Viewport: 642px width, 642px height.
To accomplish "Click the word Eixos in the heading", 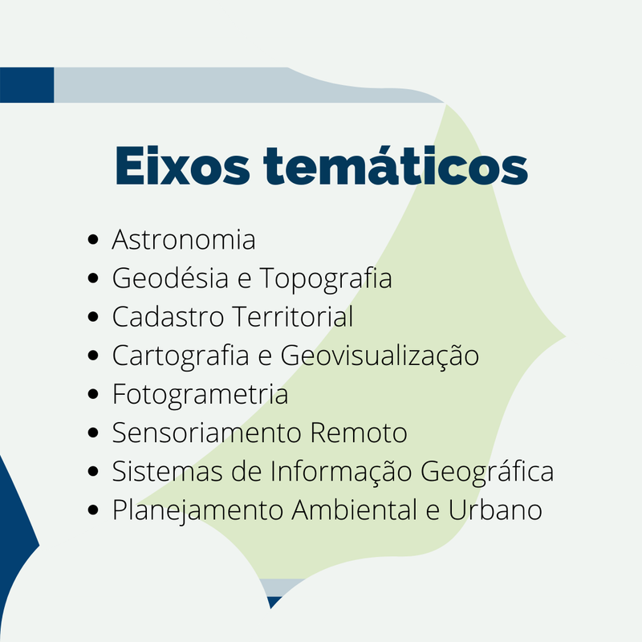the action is [x=182, y=166].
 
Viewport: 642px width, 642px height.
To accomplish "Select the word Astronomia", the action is [x=184, y=239].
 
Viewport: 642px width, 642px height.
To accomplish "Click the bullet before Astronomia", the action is [x=93, y=239].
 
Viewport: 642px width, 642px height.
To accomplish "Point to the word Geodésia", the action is [x=170, y=278].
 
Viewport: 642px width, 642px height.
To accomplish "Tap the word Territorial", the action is [x=292, y=316].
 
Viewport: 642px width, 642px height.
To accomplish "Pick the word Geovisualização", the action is [x=380, y=356].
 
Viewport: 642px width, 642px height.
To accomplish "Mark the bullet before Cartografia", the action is [x=93, y=355].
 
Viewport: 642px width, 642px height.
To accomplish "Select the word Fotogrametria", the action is [x=200, y=395].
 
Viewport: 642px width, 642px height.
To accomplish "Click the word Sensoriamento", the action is [x=207, y=433].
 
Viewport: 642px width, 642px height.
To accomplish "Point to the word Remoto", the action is [x=359, y=433].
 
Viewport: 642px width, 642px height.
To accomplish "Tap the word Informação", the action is [x=340, y=472].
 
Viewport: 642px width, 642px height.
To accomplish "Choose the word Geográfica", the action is [x=487, y=472].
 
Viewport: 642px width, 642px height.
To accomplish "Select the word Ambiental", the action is [x=355, y=510].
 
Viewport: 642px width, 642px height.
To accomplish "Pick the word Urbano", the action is [x=495, y=510].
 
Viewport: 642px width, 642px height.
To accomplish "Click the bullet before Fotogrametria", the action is [x=93, y=394].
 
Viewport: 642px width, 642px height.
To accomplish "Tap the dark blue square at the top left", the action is [x=27, y=85].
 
